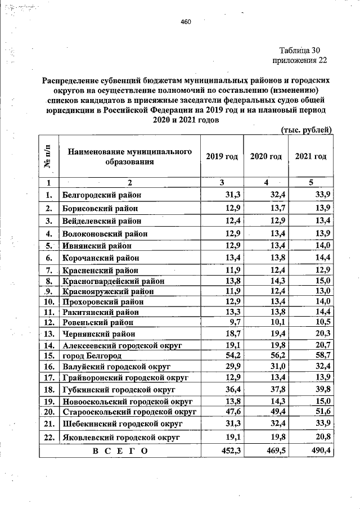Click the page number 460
point(186,22)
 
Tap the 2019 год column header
point(222,156)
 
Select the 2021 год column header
point(310,156)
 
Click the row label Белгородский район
point(102,195)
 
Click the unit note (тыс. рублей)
point(306,130)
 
